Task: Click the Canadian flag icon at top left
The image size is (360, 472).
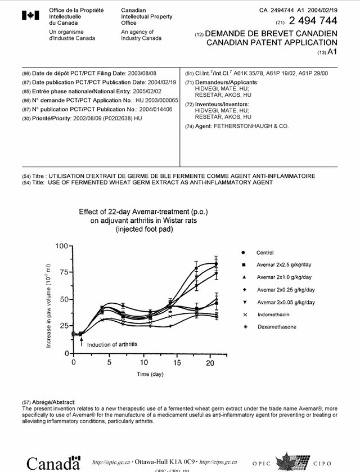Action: pos(29,16)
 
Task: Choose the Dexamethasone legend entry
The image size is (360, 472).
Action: pos(276,327)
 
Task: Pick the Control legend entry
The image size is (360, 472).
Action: pos(265,253)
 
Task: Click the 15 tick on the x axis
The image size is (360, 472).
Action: pos(177,363)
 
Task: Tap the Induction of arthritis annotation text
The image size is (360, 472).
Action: pos(112,344)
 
